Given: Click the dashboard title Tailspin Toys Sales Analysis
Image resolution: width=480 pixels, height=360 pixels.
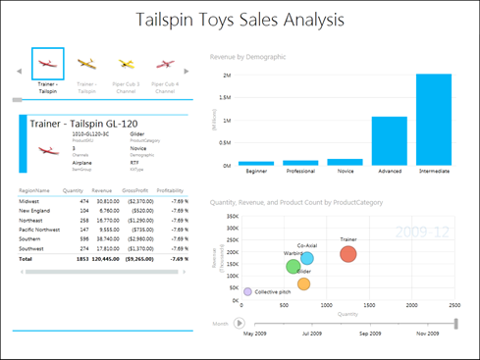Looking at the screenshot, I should [240, 20].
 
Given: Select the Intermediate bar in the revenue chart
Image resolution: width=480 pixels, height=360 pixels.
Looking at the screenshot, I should [433, 119].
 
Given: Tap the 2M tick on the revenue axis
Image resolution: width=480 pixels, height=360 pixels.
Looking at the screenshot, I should [226, 76].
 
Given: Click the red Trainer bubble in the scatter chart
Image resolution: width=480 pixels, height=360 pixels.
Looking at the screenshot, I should [347, 254].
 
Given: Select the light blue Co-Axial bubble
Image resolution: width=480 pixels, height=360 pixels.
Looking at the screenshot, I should [306, 259].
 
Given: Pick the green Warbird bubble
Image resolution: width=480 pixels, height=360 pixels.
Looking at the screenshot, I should [293, 267].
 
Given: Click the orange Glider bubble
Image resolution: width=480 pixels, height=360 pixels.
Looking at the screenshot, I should [303, 284].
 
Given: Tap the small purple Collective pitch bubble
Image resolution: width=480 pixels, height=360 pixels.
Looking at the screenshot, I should [247, 291].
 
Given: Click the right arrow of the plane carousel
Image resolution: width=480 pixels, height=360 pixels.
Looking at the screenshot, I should [187, 72].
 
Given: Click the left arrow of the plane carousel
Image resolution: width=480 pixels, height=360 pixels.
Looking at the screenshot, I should [17, 72].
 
